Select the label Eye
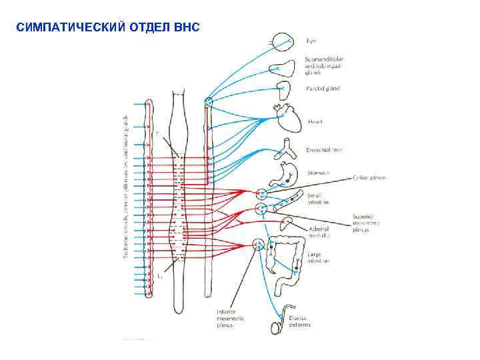(311, 41)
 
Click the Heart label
(315, 122)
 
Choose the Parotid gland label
(322, 89)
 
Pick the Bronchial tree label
(324, 150)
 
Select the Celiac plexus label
(371, 177)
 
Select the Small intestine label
(318, 199)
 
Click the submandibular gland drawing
(285, 67)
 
